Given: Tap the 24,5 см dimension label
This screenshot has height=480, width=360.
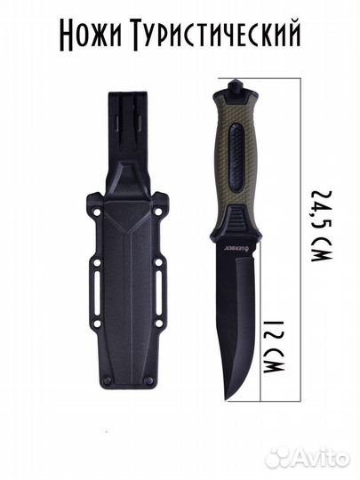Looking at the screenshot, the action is click(321, 226).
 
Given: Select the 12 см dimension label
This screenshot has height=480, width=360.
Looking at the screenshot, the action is click(274, 347).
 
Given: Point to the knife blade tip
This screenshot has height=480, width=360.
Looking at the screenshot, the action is click(227, 399).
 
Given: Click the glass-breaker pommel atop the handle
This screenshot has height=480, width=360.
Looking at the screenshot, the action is click(236, 86).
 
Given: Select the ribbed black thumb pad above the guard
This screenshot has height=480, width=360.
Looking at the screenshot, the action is click(239, 220).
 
